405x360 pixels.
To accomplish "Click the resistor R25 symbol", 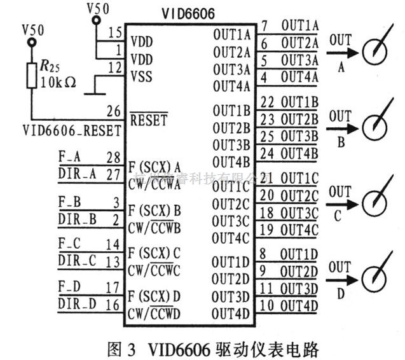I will click(31, 76).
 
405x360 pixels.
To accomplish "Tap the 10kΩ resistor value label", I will click(57, 83).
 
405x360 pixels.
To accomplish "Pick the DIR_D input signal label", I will click(77, 304).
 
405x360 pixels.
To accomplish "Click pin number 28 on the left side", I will click(114, 156).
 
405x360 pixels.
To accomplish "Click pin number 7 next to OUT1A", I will click(264, 26).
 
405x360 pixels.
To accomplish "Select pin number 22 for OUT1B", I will click(267, 102).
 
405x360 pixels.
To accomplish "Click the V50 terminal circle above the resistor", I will click(31, 43).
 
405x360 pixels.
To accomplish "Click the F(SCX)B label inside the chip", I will click(154, 209).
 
